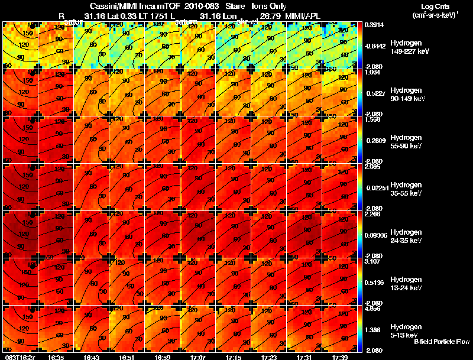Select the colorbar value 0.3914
(x=373, y=25)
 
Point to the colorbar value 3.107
(x=373, y=261)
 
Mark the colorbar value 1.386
(x=373, y=327)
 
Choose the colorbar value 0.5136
(x=373, y=283)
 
